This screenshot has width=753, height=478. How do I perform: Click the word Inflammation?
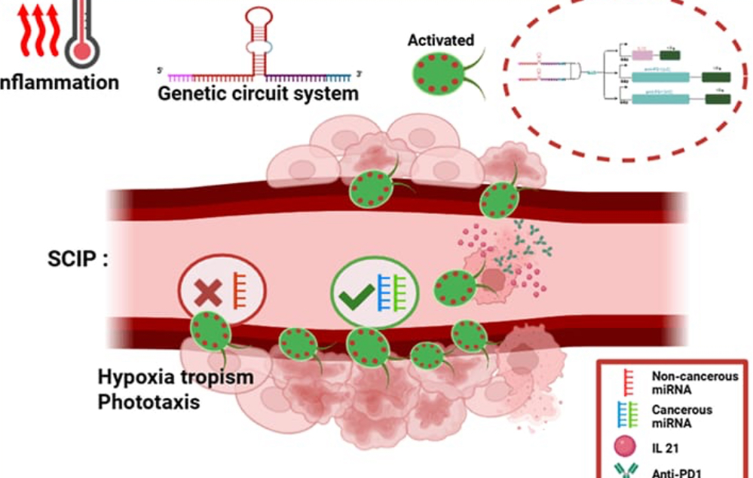60,82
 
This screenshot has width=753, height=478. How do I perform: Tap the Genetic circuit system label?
258,95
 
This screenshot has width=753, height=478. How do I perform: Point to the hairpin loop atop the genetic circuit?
260,18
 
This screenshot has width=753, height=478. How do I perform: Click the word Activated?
440,40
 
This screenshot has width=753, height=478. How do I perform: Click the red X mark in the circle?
208,294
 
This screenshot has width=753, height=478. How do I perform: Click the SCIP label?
78,260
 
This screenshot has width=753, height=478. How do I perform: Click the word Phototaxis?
148,402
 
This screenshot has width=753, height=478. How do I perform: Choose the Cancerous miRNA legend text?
677,417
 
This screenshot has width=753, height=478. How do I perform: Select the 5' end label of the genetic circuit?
160,71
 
